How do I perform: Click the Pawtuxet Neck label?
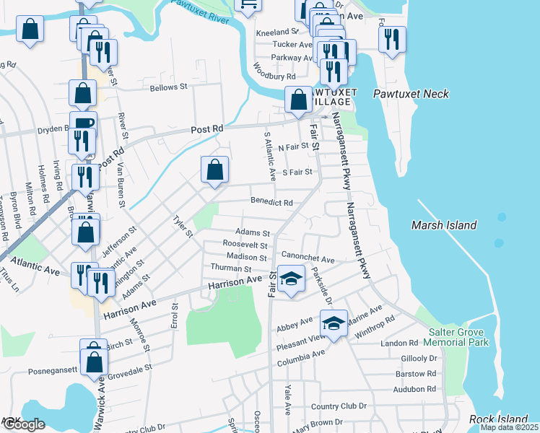coord(411,94)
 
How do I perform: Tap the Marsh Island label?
coord(444,225)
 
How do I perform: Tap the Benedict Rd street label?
coord(271,203)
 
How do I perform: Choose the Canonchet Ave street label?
coord(308,258)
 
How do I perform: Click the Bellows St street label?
coord(168,87)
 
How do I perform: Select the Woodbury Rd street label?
coord(274,71)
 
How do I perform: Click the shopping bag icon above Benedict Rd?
coord(214,171)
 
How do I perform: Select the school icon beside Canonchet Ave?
coord(290,279)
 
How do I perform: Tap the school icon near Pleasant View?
coord(334,323)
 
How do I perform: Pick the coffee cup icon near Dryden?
coord(83,123)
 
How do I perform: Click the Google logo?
coord(24,425)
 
